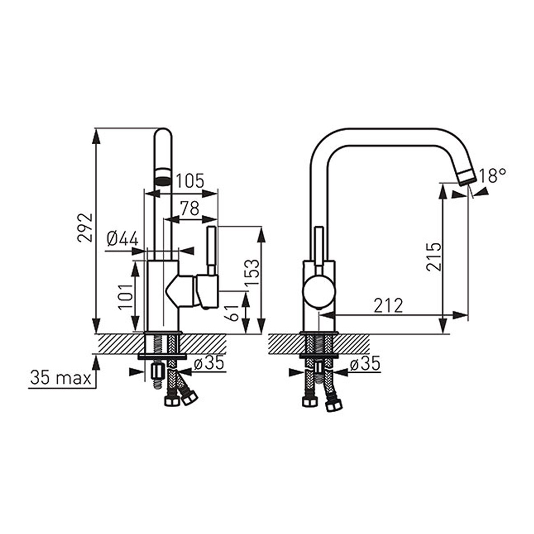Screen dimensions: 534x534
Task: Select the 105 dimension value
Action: [x=190, y=181]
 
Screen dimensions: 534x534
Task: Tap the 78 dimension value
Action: [x=190, y=208]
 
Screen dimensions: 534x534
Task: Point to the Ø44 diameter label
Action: [x=122, y=239]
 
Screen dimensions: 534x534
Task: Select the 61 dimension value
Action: [x=231, y=313]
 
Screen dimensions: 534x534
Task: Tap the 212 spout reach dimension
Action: [x=388, y=306]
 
